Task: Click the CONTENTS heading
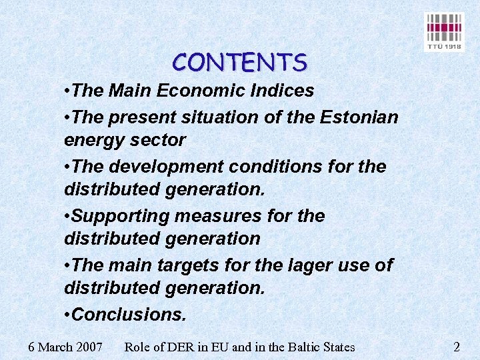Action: [x=239, y=63]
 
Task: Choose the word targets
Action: [x=189, y=265]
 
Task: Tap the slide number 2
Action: [x=457, y=347]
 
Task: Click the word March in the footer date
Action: [x=56, y=347]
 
